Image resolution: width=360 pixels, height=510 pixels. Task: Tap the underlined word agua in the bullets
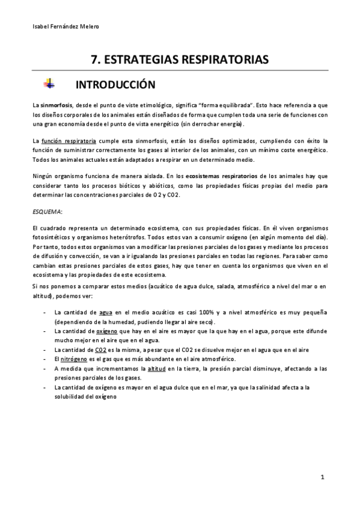(106, 312)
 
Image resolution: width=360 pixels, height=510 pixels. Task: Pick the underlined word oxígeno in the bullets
(108, 331)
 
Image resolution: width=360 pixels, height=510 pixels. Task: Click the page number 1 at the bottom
(323, 477)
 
